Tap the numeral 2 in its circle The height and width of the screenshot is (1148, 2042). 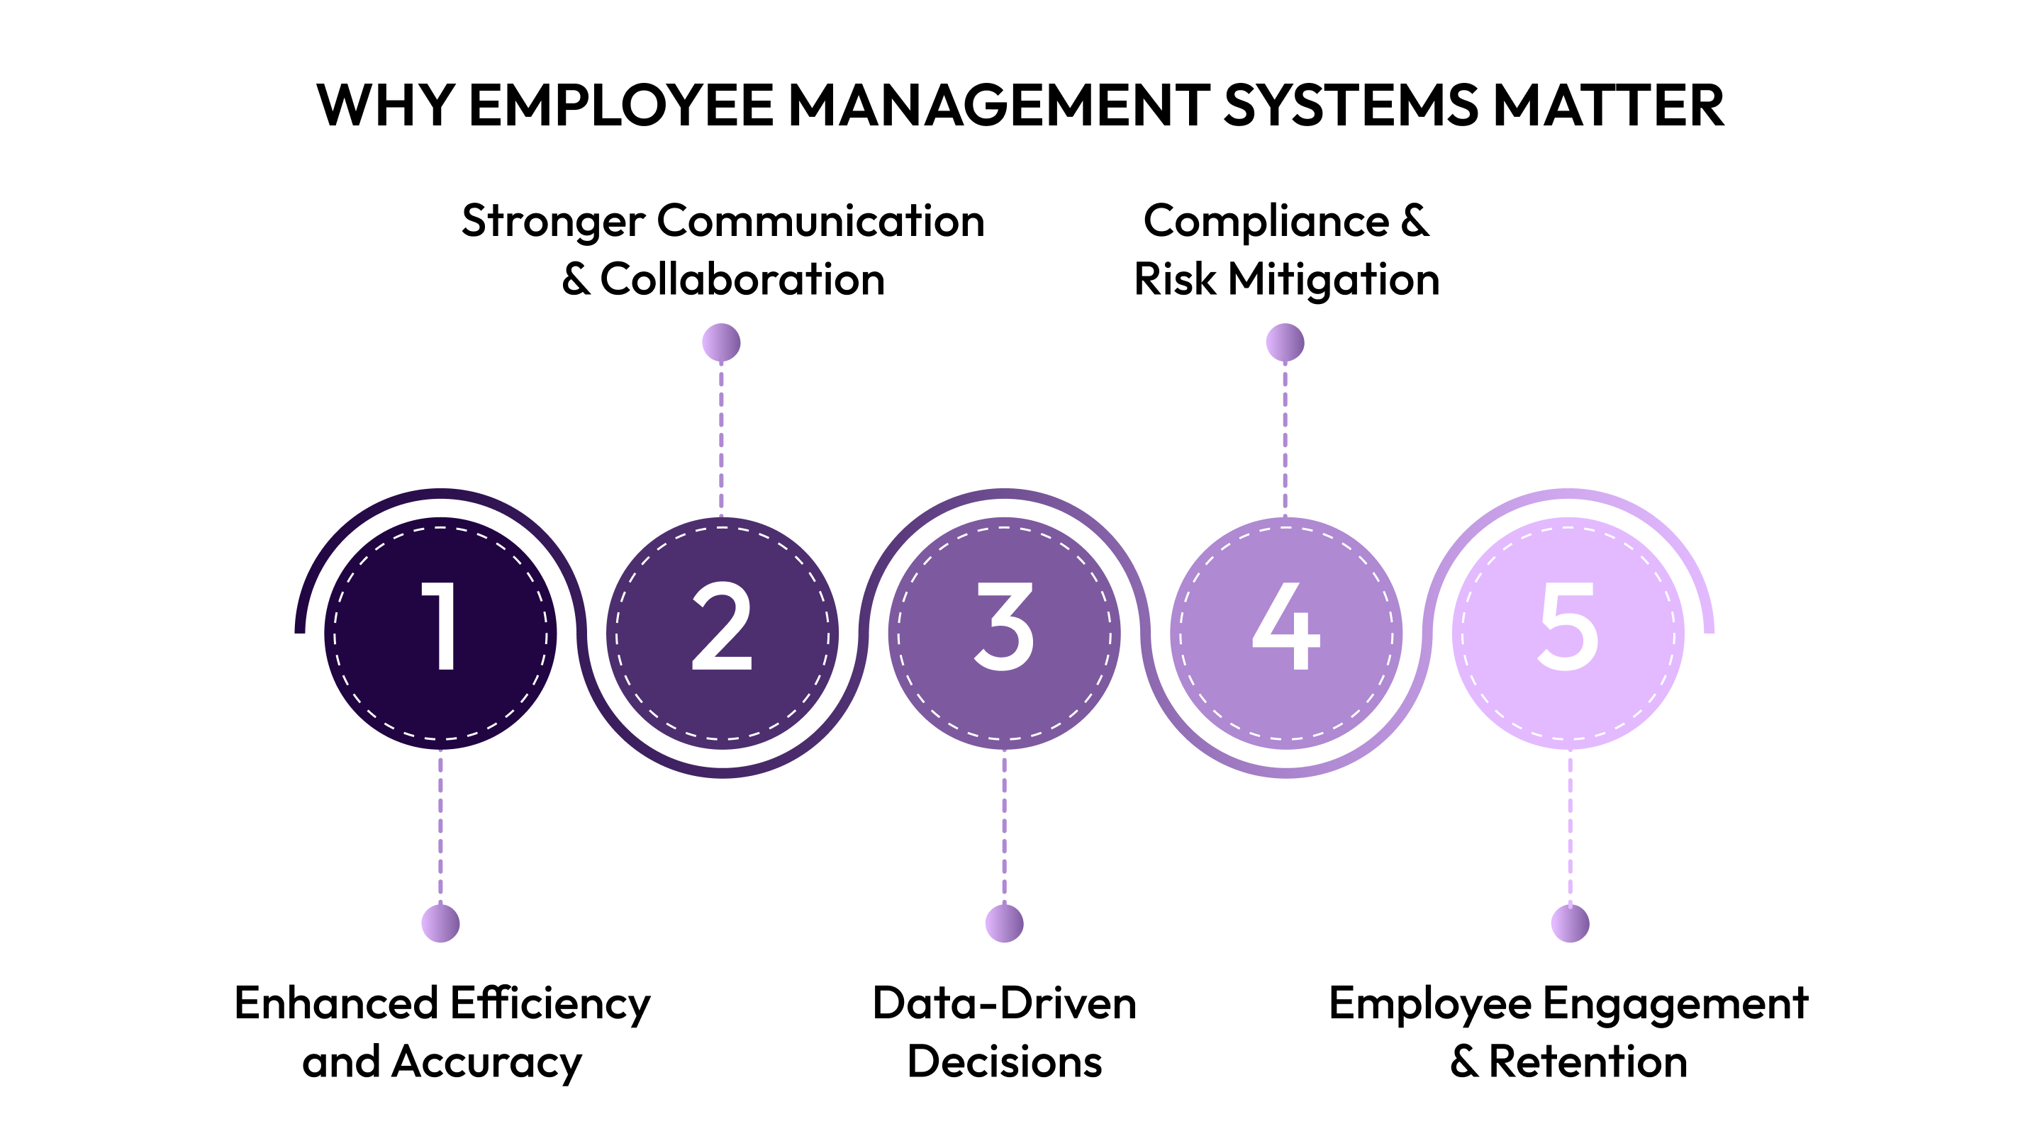click(x=721, y=626)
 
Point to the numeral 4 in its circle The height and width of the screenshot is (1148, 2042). click(x=1285, y=626)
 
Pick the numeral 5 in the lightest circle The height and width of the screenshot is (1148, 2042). click(x=1568, y=626)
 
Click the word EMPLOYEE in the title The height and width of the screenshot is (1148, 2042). click(x=620, y=106)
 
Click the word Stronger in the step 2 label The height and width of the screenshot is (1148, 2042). click(x=552, y=221)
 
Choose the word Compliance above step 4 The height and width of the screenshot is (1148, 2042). click(x=1266, y=221)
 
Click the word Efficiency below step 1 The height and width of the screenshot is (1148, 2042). click(x=550, y=1004)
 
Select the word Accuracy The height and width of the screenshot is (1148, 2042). click(x=486, y=1062)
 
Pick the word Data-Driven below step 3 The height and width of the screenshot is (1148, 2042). click(x=1005, y=1004)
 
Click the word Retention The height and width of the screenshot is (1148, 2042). click(x=1588, y=1062)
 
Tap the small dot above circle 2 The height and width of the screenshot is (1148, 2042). click(x=721, y=343)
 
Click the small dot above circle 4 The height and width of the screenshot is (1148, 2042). click(x=1285, y=343)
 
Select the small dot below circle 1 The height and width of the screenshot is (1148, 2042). click(x=441, y=923)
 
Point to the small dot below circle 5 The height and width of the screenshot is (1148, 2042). click(x=1570, y=923)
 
